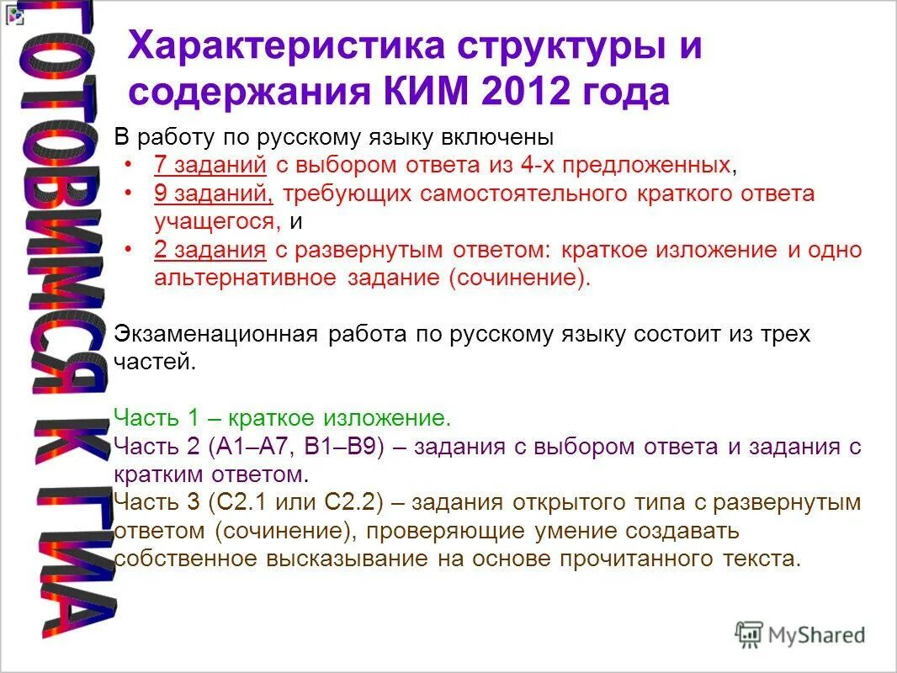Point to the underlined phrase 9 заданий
pos(214,193)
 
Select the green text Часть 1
pos(154,418)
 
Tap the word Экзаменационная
pos(215,334)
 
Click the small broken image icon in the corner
pos(12,13)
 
